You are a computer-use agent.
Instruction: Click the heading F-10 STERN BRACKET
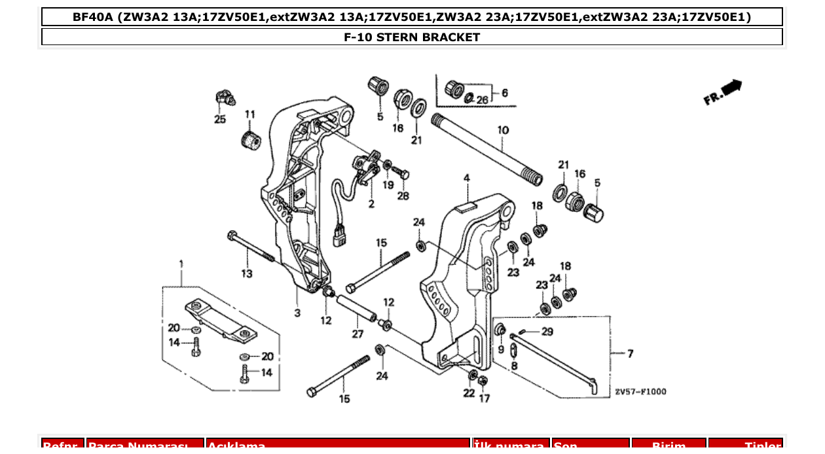pos(412,37)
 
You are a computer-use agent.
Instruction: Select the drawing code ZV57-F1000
pos(640,392)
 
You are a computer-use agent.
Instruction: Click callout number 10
pos(502,130)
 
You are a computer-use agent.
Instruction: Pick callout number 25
pos(219,119)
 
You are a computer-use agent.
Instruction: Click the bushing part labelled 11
pos(249,139)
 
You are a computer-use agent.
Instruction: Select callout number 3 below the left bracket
pos(297,313)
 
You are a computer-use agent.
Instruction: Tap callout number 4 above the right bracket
pos(467,178)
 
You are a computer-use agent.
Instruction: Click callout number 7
pos(630,354)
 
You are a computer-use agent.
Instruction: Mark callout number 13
pos(246,273)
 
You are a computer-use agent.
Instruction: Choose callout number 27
pos(357,334)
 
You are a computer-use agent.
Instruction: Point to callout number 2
pos(371,205)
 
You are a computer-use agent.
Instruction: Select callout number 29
pos(547,332)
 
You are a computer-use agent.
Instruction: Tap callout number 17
pos(484,398)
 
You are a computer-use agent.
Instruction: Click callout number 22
pos(469,393)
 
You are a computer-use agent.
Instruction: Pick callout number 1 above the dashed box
pos(181,264)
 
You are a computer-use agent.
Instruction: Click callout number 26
pos(482,100)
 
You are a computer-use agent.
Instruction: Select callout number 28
pos(403,196)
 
